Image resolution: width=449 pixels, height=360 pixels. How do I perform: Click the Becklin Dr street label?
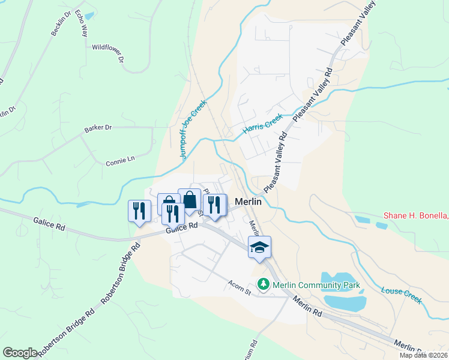coord(61,23)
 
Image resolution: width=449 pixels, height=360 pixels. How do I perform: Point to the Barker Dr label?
coord(98,128)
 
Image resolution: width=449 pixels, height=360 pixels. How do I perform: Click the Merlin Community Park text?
coord(316,284)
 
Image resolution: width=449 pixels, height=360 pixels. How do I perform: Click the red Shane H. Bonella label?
coord(416,216)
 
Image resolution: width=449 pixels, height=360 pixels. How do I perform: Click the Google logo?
coord(20,353)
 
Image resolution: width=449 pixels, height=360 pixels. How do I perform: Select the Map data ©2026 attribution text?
coord(424,355)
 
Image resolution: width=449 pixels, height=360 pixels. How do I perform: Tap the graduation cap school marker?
coord(259,247)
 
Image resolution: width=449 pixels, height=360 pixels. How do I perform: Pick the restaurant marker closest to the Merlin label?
coord(214,205)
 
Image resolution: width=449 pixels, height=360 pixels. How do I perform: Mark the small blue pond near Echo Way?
coord(90,16)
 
